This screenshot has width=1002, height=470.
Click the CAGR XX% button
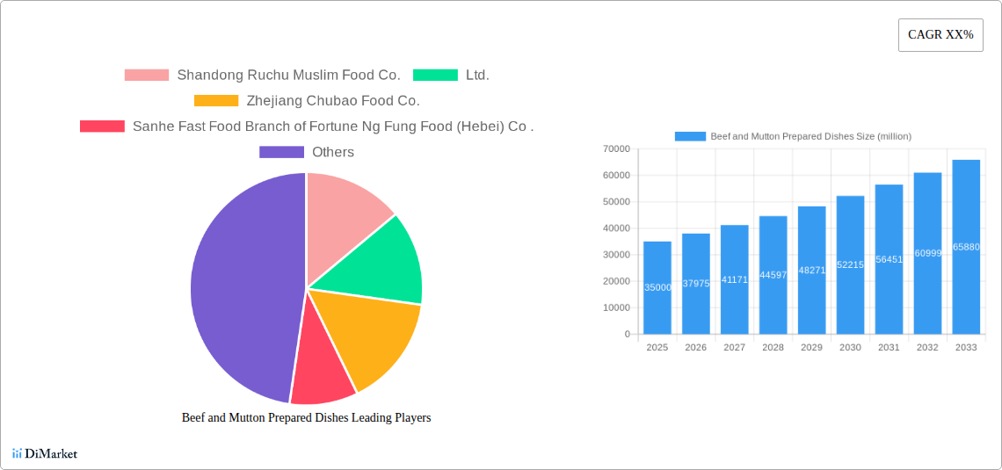click(x=940, y=35)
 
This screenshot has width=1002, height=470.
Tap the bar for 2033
click(x=966, y=247)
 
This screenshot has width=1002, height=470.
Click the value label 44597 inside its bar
click(x=773, y=275)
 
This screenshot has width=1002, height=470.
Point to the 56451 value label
click(x=889, y=259)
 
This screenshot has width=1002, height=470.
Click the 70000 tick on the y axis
click(x=616, y=149)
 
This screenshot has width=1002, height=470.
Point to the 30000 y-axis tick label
click(x=616, y=255)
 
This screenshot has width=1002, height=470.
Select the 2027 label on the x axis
click(x=734, y=348)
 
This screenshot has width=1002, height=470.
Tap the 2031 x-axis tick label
click(x=889, y=348)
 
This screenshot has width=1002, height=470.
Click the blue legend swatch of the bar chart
click(x=690, y=136)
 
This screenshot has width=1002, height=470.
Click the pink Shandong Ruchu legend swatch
click(x=146, y=76)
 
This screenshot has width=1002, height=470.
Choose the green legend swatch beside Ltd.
click(x=435, y=76)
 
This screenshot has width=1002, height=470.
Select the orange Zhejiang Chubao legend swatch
click(x=216, y=101)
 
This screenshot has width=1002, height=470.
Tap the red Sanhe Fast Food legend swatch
click(x=102, y=127)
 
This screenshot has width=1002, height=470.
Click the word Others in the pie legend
click(x=333, y=152)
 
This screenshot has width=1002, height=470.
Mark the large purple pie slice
click(x=237, y=290)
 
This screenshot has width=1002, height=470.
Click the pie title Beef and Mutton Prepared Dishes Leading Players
click(x=306, y=418)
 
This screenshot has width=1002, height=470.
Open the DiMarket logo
click(x=45, y=453)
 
